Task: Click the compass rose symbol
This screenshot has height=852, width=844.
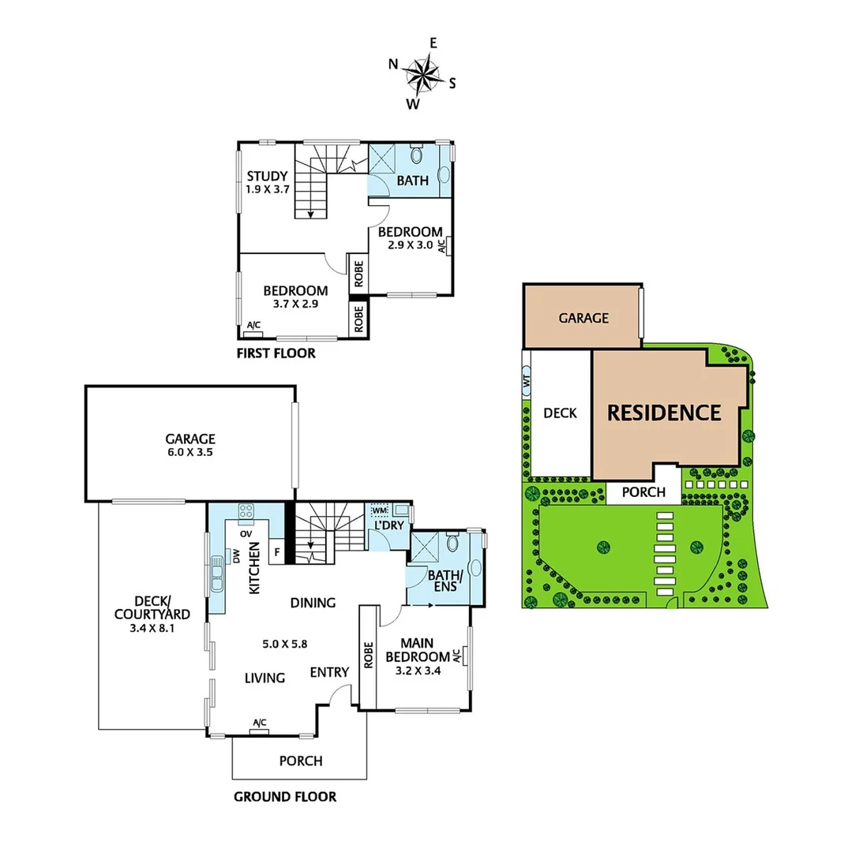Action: pos(424,76)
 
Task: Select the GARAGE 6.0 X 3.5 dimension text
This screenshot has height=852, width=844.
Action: pos(190,453)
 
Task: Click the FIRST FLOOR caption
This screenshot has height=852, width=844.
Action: pos(276,353)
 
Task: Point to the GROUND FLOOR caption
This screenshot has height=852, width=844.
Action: pos(284,797)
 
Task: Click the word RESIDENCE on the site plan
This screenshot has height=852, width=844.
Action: pos(663,413)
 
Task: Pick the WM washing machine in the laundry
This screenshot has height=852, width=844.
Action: pos(378,510)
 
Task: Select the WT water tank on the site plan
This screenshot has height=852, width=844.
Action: pos(525,380)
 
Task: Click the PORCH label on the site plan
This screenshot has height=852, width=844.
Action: pos(643,493)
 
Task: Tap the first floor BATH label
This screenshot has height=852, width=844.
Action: pos(412,181)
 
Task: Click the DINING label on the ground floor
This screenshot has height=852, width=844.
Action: pos(312,603)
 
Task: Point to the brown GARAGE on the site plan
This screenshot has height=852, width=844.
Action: pos(583,318)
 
